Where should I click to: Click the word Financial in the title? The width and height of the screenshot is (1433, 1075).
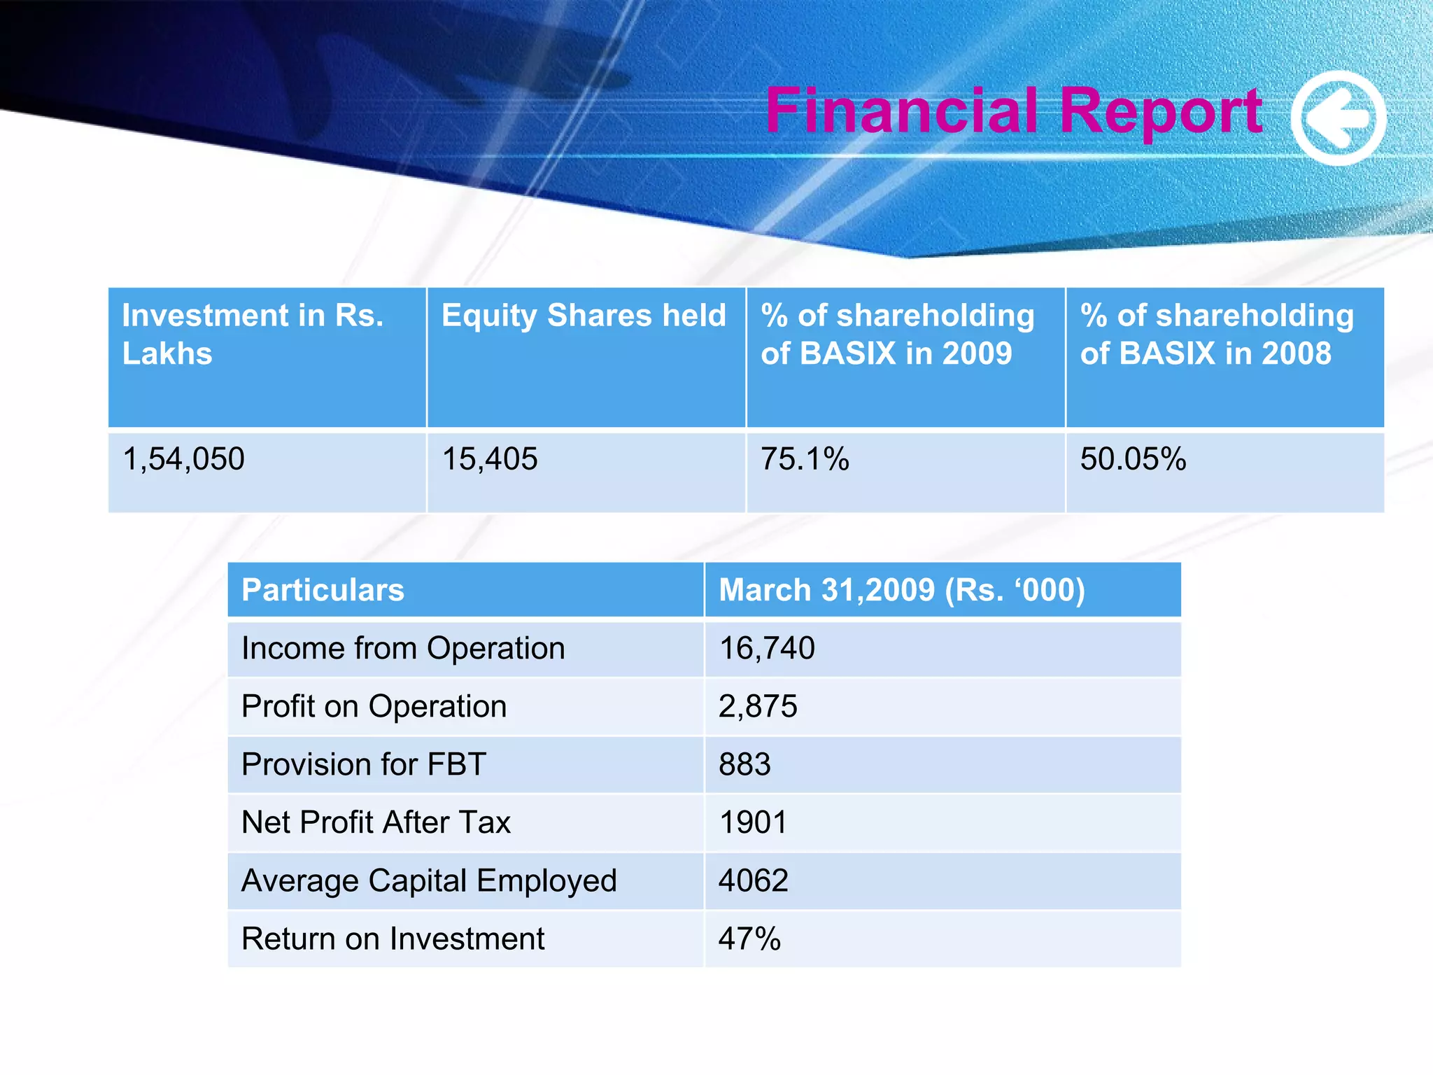click(x=903, y=111)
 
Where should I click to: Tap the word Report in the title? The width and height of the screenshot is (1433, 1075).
click(x=1162, y=111)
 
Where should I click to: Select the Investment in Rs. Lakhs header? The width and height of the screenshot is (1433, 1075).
click(x=253, y=334)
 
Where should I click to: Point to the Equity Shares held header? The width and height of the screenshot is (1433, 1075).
click(x=584, y=316)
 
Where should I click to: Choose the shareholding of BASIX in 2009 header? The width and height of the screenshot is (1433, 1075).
click(x=897, y=334)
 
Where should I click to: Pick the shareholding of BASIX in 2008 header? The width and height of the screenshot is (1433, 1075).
click(x=1216, y=334)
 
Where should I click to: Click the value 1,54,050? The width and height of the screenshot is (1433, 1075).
click(x=183, y=459)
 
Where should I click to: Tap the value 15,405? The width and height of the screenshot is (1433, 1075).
click(x=490, y=459)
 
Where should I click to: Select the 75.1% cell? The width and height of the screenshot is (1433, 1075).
click(x=805, y=459)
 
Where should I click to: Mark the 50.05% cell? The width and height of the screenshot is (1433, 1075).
click(x=1133, y=459)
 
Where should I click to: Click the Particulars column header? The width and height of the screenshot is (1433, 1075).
click(x=323, y=590)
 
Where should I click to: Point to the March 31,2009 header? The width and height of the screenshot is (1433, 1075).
click(x=901, y=590)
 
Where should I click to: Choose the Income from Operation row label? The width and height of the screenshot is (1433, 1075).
click(x=403, y=648)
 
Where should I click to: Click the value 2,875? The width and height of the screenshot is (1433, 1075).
click(x=758, y=706)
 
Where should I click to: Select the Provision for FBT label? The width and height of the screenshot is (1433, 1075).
click(x=363, y=764)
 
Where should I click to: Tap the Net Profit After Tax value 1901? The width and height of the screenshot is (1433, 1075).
click(x=753, y=822)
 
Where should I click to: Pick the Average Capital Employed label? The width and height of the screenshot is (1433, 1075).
click(x=429, y=880)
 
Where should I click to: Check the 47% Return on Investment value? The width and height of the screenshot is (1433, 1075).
click(x=749, y=939)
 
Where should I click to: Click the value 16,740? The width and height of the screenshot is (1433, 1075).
click(x=767, y=648)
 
